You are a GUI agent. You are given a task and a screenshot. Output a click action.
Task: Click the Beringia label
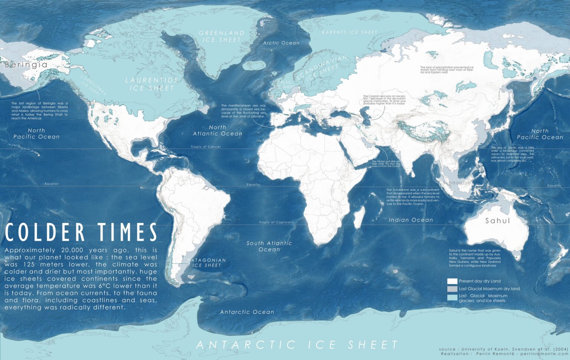(26, 65)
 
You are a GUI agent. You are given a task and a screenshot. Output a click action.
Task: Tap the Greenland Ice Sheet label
(222, 36)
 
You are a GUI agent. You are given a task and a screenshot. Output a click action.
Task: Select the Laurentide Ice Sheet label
(152, 84)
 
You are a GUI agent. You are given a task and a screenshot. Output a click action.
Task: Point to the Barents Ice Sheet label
(349, 33)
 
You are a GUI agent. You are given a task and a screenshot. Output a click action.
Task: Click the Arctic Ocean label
(281, 43)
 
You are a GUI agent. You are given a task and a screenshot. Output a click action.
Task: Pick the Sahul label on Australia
(498, 221)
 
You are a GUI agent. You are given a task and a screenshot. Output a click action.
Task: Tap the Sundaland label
(457, 183)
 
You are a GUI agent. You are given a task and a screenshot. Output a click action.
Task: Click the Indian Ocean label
(411, 220)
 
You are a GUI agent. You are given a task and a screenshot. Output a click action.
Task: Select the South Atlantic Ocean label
(269, 246)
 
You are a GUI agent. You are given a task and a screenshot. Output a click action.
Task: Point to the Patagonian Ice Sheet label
(207, 263)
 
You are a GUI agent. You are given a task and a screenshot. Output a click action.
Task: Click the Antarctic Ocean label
(247, 312)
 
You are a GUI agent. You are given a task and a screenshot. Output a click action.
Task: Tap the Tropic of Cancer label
(206, 147)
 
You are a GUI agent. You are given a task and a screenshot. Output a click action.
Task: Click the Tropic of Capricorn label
(276, 222)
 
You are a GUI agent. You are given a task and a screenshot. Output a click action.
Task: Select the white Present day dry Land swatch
(452, 281)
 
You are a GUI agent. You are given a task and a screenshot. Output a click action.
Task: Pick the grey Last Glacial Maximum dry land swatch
(452, 289)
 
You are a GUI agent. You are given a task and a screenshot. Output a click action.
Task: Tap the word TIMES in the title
(128, 233)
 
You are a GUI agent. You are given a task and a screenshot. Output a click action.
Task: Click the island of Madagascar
(358, 217)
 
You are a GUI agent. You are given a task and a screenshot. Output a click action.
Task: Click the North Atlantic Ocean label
(217, 131)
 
